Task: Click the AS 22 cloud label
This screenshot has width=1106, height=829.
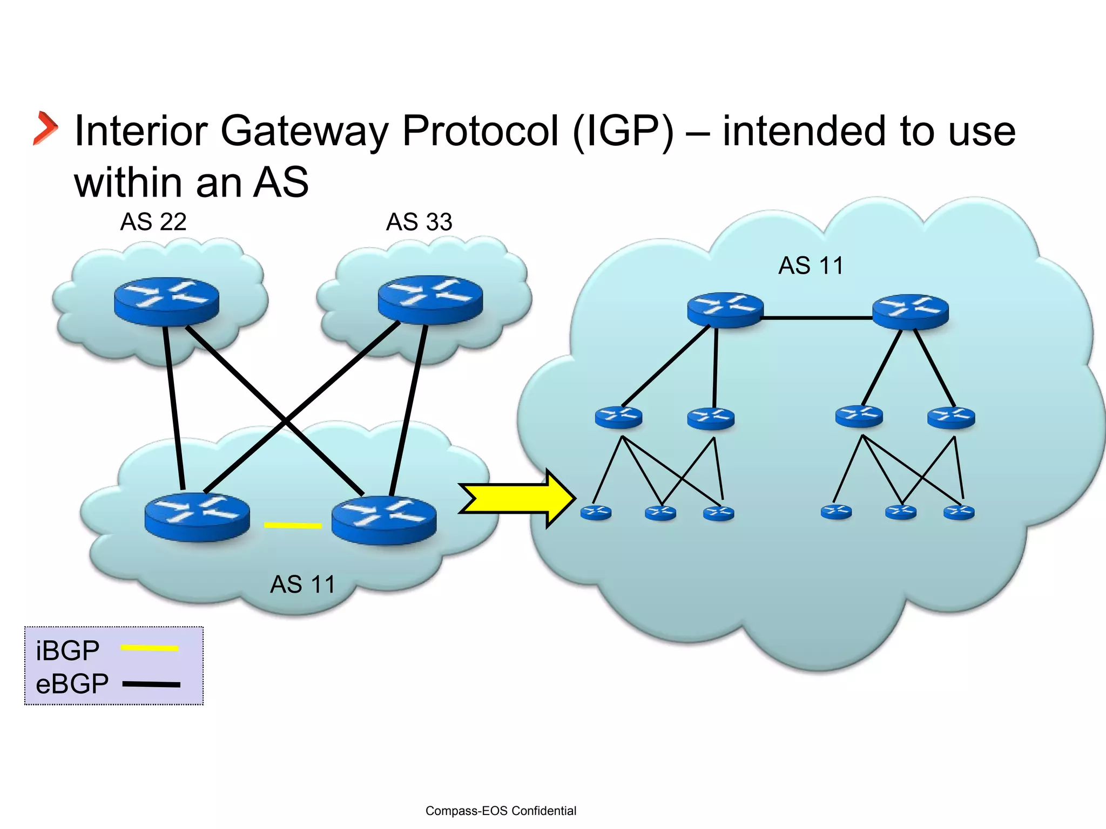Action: pyautogui.click(x=153, y=222)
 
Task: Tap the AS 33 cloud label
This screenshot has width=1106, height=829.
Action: pyautogui.click(x=419, y=222)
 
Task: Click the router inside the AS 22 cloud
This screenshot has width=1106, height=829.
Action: pyautogui.click(x=166, y=301)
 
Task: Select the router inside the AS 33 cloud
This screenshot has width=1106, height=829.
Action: pyautogui.click(x=430, y=300)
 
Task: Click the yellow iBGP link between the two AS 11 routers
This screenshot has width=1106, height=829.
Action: pyautogui.click(x=293, y=525)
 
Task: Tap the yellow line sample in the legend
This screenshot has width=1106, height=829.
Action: pyautogui.click(x=150, y=648)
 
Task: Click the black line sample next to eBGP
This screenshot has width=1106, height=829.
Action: pyautogui.click(x=152, y=684)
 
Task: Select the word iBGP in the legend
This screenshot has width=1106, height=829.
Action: pyautogui.click(x=68, y=650)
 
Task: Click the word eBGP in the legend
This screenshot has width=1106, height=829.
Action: pyautogui.click(x=72, y=684)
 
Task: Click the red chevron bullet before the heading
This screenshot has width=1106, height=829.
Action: pyautogui.click(x=45, y=128)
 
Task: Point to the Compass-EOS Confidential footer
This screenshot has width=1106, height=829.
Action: pyautogui.click(x=501, y=811)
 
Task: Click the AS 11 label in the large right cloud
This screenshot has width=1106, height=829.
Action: pyautogui.click(x=811, y=266)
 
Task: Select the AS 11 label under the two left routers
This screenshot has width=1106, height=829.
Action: pyautogui.click(x=302, y=585)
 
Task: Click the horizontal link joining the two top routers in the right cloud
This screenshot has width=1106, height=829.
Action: pyautogui.click(x=818, y=318)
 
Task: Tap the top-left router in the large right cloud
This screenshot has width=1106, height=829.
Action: pyautogui.click(x=725, y=310)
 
